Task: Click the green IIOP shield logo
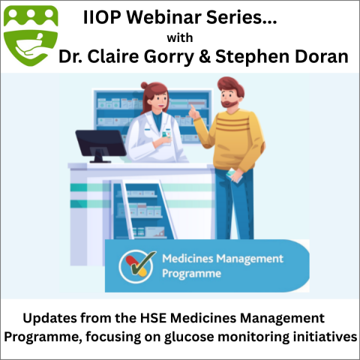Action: [31, 35]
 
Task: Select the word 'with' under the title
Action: [180, 38]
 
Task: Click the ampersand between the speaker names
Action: [205, 56]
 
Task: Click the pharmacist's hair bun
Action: [145, 85]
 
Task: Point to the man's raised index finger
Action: [192, 109]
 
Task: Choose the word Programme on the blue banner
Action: [191, 274]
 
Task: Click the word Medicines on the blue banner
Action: [187, 259]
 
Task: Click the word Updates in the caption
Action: [50, 319]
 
